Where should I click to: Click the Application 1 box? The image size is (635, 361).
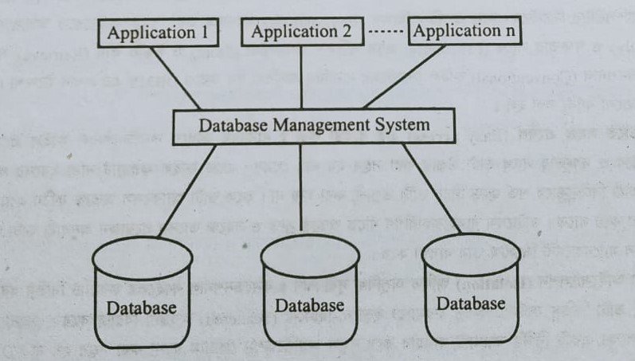point(157,33)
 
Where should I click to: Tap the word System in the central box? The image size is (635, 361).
point(404,125)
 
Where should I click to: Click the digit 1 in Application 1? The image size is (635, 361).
point(202,33)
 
